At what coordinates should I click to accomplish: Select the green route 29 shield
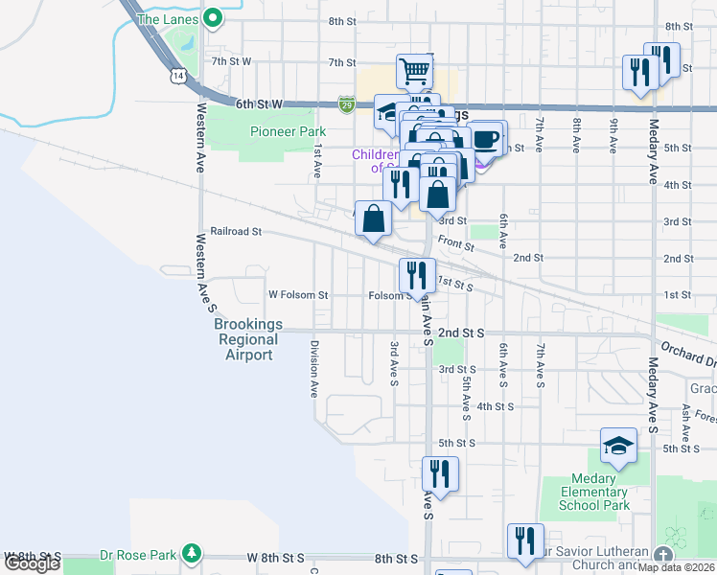[347, 103]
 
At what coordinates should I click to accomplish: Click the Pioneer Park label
[288, 132]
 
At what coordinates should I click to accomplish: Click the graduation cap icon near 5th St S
[618, 446]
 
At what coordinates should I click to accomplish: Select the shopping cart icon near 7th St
[414, 70]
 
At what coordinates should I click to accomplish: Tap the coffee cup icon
[486, 138]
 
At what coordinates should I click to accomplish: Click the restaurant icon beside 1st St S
[417, 275]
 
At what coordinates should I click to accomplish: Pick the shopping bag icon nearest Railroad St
[373, 218]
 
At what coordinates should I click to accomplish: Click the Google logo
[31, 563]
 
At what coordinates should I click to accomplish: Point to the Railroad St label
[236, 232]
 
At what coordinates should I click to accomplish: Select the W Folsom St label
[298, 295]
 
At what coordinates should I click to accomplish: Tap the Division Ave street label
[312, 369]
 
